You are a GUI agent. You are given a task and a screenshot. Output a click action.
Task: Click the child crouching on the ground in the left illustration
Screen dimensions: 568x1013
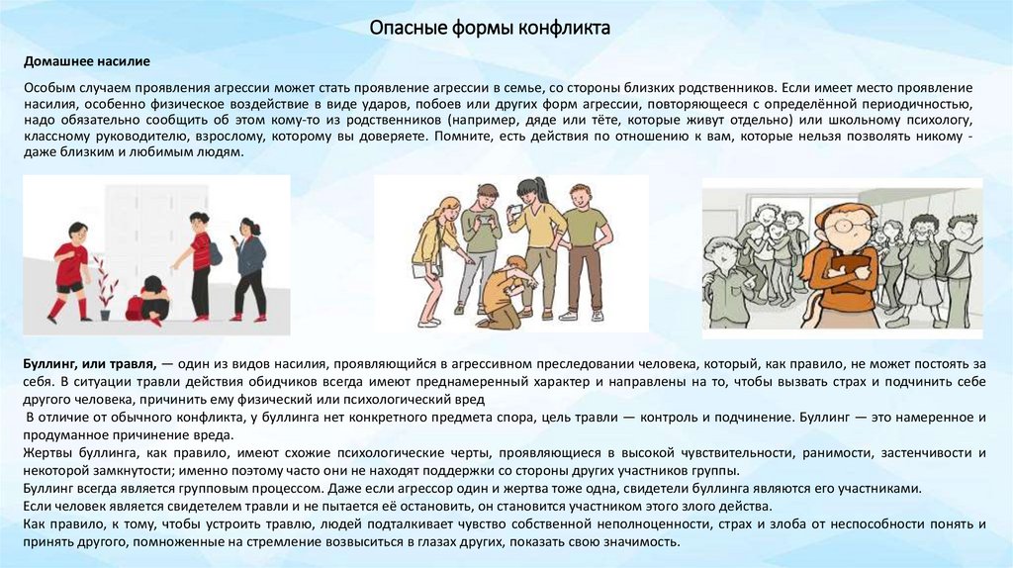click(x=148, y=299)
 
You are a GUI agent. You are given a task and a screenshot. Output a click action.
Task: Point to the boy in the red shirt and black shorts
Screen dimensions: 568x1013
click(x=71, y=269)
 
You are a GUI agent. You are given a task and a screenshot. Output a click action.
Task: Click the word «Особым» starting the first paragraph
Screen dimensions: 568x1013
click(x=48, y=88)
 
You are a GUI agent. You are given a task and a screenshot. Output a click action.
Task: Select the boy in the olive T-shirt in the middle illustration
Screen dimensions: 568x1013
click(x=584, y=247)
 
